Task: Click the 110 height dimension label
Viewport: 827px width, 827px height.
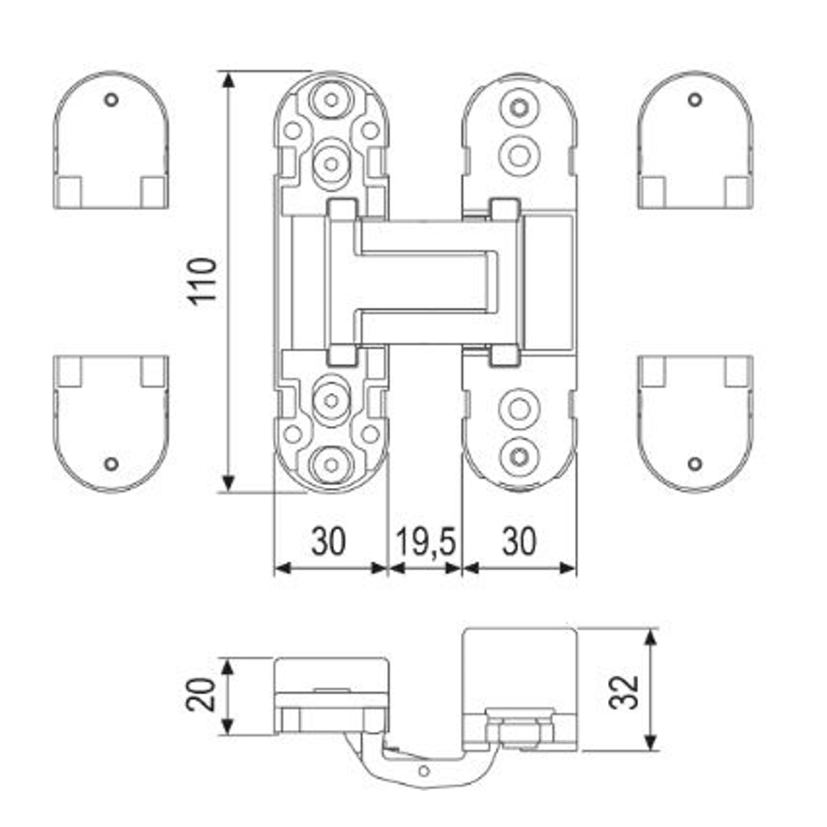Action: tap(203, 282)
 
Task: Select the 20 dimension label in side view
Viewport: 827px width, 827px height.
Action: tap(201, 695)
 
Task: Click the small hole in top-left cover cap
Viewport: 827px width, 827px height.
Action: tap(111, 99)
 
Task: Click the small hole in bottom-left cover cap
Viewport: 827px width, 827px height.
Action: tap(112, 464)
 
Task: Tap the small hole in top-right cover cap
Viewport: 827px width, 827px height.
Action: tap(695, 99)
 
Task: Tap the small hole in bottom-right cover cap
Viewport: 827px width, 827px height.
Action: tap(695, 464)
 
